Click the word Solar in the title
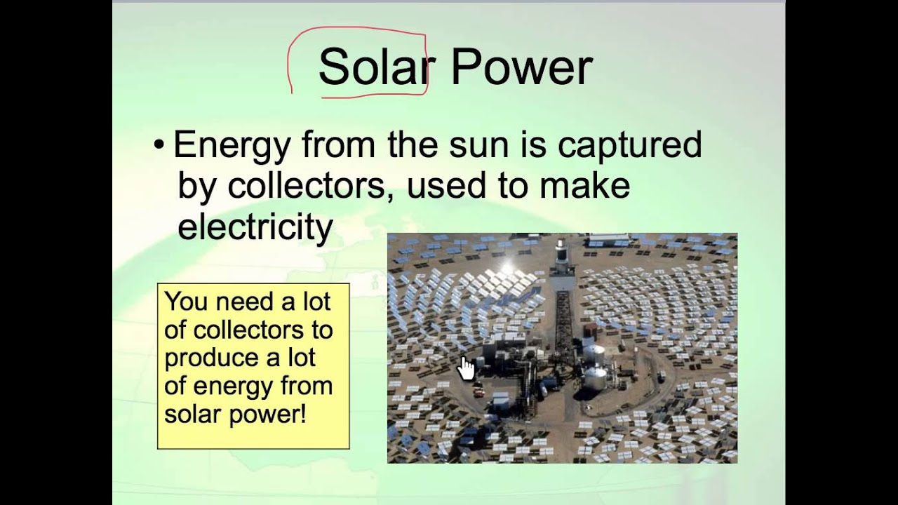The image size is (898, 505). pos(373,68)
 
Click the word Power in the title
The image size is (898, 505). pos(521,68)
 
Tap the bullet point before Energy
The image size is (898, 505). pos(159,146)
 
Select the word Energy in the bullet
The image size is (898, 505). pos(232,146)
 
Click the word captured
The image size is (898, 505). pos(629,144)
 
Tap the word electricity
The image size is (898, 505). pos(255,227)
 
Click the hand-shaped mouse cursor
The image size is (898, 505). pos(466,368)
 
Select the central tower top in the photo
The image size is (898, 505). pos(561,247)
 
